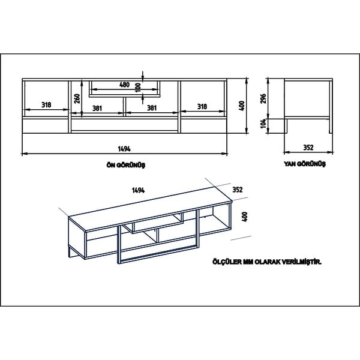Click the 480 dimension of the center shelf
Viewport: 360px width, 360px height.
125,85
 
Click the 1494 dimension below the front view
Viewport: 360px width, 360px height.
124,148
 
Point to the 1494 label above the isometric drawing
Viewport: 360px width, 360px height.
139,190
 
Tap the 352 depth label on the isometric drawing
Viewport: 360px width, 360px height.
237,190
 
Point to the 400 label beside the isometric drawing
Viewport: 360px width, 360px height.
244,215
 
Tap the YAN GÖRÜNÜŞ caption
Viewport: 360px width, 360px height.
305,164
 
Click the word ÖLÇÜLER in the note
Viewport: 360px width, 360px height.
226,262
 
